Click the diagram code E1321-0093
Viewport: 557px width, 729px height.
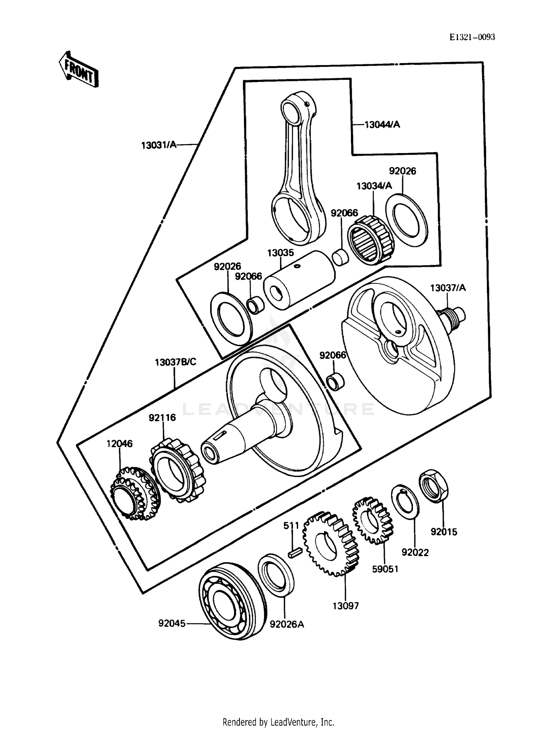472,37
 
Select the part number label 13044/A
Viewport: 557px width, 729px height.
382,124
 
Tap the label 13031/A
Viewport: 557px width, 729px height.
159,145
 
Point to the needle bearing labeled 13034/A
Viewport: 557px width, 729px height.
371,240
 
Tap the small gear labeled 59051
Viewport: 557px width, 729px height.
372,520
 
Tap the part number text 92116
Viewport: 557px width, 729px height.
162,418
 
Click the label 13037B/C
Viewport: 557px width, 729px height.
175,362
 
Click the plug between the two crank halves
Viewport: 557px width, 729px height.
335,382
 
